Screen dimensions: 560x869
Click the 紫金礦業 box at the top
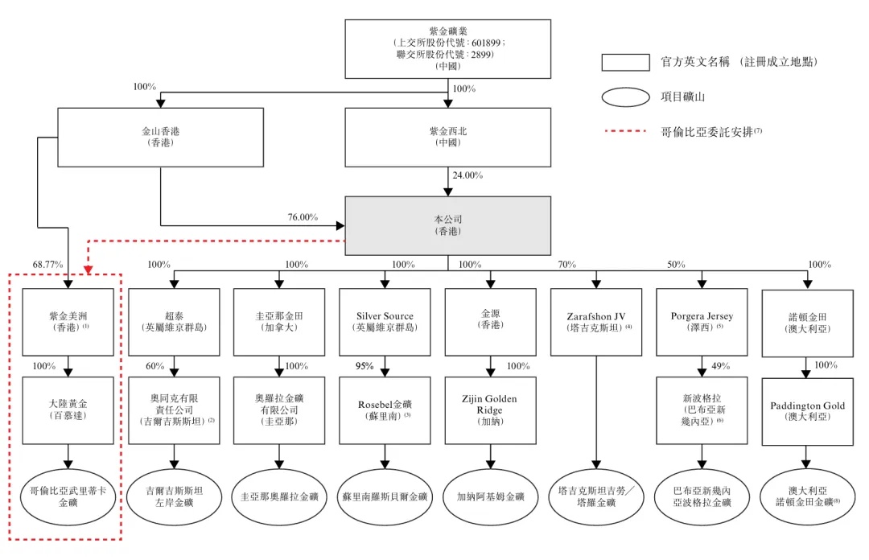[x=447, y=47]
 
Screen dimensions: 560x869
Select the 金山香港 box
[x=160, y=137]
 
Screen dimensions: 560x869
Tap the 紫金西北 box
[x=447, y=137]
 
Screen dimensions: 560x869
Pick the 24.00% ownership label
[x=467, y=175]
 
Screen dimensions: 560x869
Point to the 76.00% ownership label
[x=303, y=216]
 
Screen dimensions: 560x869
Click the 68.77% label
[x=47, y=264]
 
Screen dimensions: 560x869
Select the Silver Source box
[x=385, y=322]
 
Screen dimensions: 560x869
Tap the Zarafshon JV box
[x=595, y=322]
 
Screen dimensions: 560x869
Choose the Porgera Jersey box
[x=702, y=322]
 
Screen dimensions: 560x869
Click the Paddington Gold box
[x=808, y=410]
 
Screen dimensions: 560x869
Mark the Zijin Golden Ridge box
[x=489, y=410]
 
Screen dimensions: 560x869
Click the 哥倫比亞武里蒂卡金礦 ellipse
[x=68, y=496]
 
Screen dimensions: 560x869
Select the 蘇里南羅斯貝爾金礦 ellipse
[x=385, y=496]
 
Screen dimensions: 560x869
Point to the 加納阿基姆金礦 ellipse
[x=489, y=496]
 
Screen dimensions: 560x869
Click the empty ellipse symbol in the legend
[x=625, y=97]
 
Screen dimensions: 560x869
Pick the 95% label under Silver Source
[x=364, y=366]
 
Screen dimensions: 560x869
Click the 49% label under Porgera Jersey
[x=721, y=366]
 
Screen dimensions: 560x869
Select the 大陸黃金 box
[x=68, y=410]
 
